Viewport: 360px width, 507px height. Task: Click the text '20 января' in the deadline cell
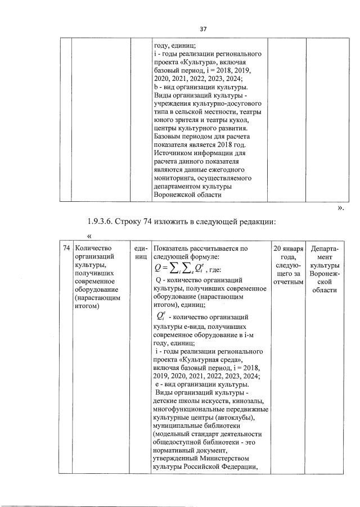click(288, 248)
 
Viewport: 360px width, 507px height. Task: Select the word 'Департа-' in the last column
click(324, 248)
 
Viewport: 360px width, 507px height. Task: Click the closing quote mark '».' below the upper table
click(341, 208)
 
